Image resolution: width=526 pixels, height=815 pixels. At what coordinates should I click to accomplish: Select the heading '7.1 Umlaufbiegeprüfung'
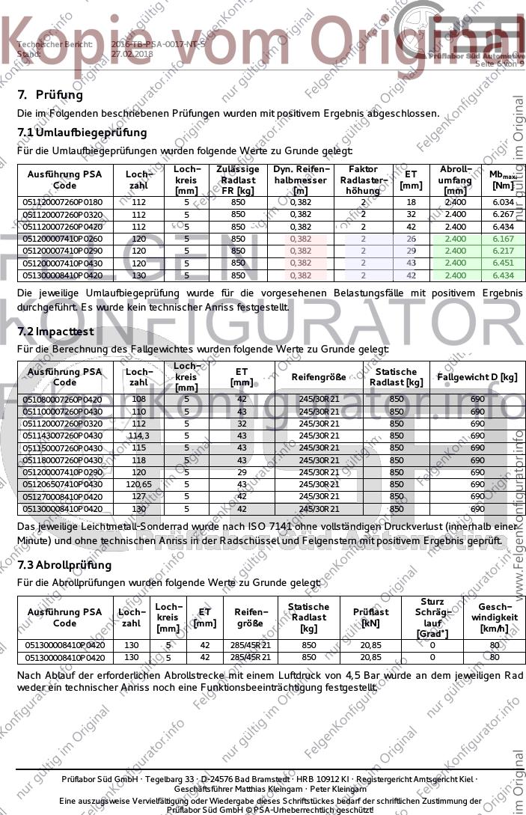point(82,132)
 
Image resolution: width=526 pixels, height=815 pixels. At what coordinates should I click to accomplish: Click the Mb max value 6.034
point(503,202)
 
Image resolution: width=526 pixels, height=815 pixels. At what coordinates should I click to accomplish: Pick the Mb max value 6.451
point(503,263)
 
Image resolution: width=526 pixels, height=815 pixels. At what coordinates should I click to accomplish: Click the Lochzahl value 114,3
point(139,436)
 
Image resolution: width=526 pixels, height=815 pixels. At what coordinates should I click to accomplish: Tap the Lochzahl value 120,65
point(139,484)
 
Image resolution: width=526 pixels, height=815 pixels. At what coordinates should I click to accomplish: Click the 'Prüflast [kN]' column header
point(370,617)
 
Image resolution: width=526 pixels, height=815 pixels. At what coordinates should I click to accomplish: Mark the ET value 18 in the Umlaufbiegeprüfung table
point(411,202)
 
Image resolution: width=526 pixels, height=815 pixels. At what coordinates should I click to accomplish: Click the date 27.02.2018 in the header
point(132,54)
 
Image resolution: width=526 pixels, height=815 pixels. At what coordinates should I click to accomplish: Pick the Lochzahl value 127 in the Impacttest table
point(139,496)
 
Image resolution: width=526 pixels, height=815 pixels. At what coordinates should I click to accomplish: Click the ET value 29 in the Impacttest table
point(241,472)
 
